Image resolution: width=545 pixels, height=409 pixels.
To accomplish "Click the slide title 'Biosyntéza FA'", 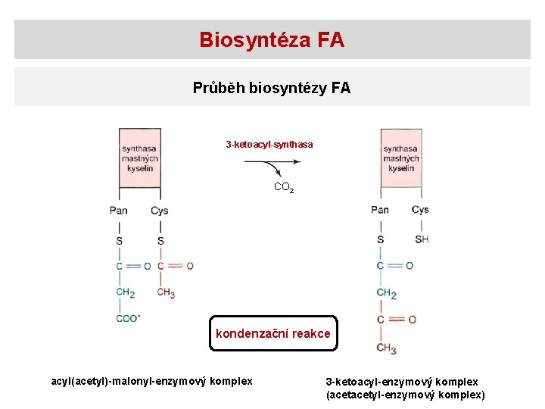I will coord(272,39).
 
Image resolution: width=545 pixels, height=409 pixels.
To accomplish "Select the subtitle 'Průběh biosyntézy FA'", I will coord(272,88).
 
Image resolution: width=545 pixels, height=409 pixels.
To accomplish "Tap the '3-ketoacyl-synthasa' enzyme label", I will coord(269,144).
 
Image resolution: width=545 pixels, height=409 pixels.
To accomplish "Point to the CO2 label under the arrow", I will coord(283,187).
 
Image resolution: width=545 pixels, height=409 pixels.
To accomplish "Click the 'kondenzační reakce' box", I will coord(272,333).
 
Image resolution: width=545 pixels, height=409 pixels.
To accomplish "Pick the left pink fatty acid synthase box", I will coord(139,158).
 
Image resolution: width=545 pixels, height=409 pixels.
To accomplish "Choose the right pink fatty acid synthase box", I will coord(400,158).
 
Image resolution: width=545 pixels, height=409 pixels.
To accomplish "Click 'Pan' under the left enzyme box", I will coord(119,211).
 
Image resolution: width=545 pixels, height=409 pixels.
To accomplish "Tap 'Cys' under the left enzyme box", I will coord(159,211).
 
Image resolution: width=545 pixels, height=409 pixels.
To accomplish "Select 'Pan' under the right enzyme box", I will coord(380,210).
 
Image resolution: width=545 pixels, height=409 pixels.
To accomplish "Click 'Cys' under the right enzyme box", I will coord(420,210).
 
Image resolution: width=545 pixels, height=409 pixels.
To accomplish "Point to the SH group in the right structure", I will coord(422,239).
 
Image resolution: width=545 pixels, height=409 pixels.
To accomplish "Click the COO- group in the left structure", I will coord(128,318).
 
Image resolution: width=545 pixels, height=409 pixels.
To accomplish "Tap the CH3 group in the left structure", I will coord(166,293).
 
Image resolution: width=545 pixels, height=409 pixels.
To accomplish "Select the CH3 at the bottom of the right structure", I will coord(386,348).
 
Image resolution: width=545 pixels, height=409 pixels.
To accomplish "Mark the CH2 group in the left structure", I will coord(125,293).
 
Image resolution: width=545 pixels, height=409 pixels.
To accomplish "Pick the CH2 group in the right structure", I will coord(386,293).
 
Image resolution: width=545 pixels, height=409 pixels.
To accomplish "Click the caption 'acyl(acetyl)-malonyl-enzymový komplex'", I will coord(151,381).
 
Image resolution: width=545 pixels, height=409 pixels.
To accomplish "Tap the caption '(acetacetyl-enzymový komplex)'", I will coord(405,395).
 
